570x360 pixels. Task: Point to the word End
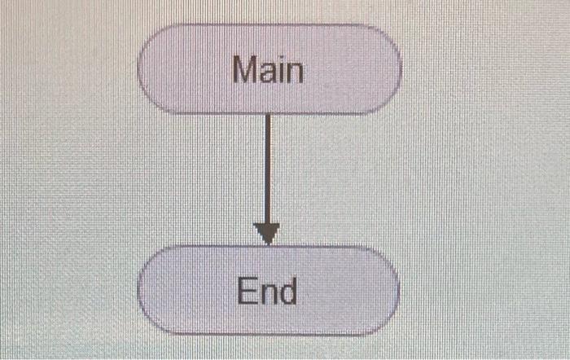[267, 291]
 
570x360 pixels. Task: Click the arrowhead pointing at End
[267, 234]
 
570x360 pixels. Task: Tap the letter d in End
[287, 291]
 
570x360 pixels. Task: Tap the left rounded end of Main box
[151, 69]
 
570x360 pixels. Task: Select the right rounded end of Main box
[389, 69]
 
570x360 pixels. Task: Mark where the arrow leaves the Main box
[267, 116]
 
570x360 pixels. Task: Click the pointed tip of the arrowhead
[267, 243]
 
